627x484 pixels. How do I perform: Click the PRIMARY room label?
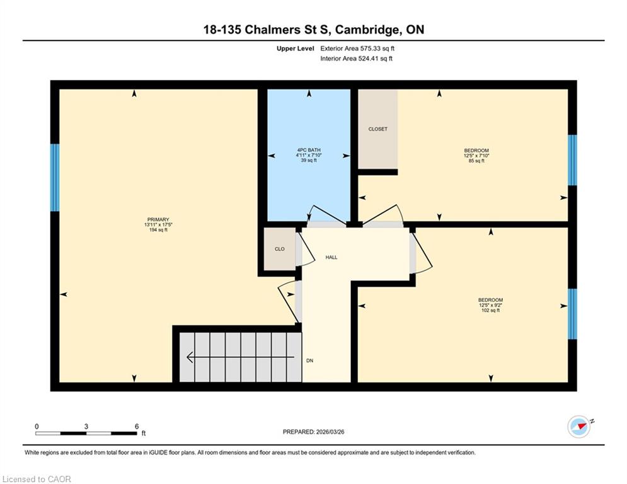pos(158,219)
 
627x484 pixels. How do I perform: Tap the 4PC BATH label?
pos(309,150)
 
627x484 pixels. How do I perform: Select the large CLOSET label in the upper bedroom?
pos(378,129)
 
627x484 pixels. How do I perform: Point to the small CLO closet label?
pos(280,249)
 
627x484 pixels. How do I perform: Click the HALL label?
pos(331,258)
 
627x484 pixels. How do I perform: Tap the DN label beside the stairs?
pos(310,361)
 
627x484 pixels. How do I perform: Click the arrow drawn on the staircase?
pos(240,357)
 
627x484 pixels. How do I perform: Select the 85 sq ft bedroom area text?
pos(476,161)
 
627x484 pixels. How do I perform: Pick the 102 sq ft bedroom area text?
pos(491,311)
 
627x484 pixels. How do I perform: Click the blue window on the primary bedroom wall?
pos(55,178)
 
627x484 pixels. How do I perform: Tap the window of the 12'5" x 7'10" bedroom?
pos(573,160)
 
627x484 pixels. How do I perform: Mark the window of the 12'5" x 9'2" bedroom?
pos(573,314)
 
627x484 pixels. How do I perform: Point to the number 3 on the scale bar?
pos(86,427)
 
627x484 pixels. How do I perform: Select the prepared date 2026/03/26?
pos(330,432)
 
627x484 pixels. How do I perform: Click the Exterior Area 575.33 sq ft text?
pos(357,49)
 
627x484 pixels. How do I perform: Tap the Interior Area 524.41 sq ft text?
pos(356,59)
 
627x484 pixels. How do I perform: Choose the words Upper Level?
pos(296,49)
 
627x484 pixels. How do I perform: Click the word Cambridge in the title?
pos(367,30)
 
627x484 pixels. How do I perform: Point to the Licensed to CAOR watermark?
pos(37,479)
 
